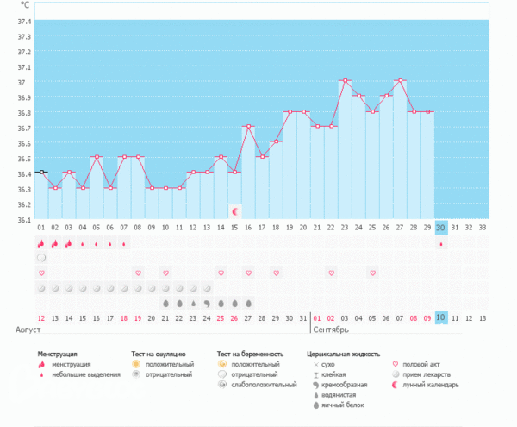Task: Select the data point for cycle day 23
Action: pyautogui.click(x=345, y=80)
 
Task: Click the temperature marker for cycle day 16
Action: pyautogui.click(x=248, y=126)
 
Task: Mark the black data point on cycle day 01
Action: pyautogui.click(x=41, y=173)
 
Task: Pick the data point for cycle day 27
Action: pyautogui.click(x=400, y=80)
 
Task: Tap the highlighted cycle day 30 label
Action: pyautogui.click(x=441, y=228)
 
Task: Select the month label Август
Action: pyautogui.click(x=28, y=330)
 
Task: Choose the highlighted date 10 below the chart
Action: pyautogui.click(x=441, y=317)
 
